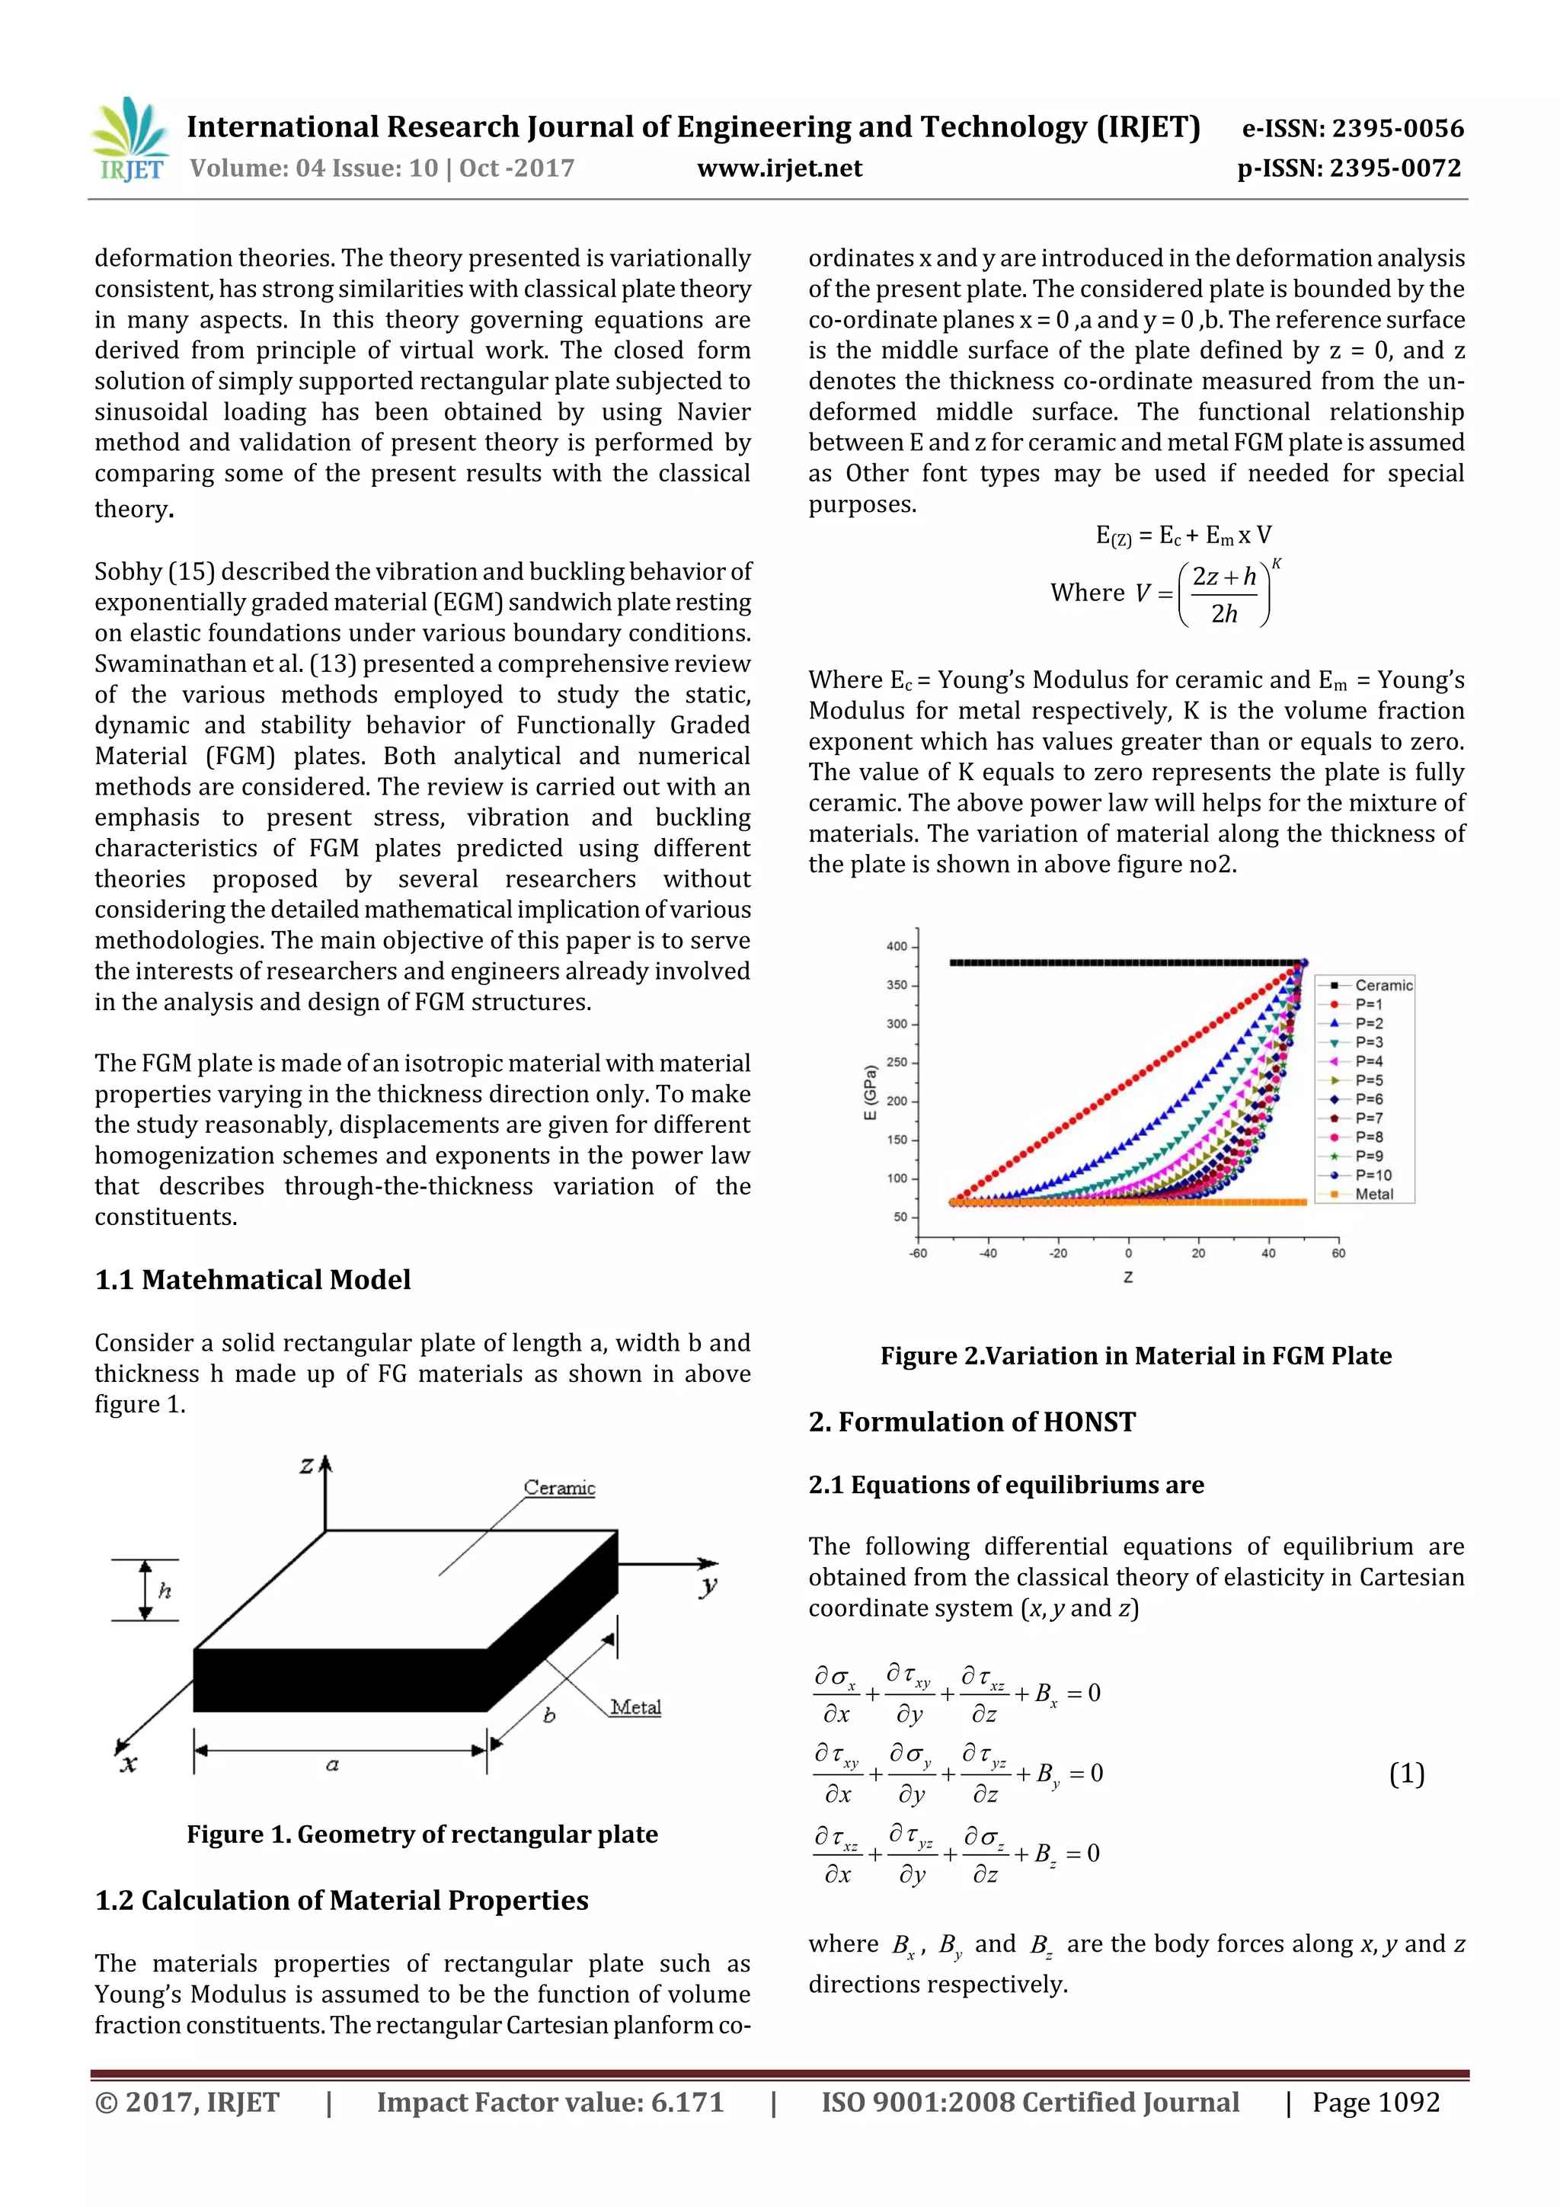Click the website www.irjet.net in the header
click(778, 169)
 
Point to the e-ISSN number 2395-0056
click(1352, 129)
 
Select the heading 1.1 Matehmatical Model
click(253, 1279)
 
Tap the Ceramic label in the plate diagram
click(559, 1487)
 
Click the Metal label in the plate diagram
click(635, 1707)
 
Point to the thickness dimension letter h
click(165, 1591)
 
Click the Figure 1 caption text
click(422, 1834)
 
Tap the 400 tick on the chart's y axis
click(896, 947)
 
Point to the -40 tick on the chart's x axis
click(987, 1253)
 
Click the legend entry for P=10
click(1373, 1175)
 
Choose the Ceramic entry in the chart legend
click(1383, 985)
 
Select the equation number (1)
click(1406, 1774)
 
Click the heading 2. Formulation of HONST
click(972, 1422)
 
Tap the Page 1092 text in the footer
click(1376, 2102)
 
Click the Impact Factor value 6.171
click(550, 2102)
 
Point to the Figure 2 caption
click(1135, 1355)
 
